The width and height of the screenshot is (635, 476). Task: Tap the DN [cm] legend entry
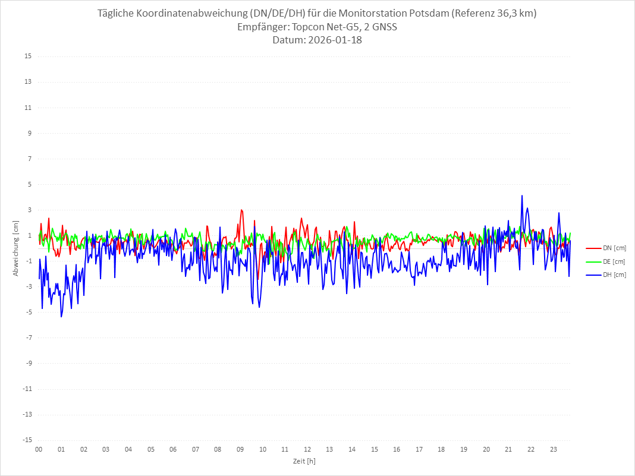point(614,248)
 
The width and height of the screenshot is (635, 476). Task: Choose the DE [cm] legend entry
point(614,261)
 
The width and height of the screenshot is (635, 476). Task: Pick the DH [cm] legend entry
point(614,275)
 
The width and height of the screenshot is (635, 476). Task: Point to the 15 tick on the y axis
point(27,56)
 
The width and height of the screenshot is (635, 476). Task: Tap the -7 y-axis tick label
point(27,338)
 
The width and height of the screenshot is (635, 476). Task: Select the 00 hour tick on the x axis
point(39,449)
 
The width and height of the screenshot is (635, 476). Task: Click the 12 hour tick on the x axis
point(307,449)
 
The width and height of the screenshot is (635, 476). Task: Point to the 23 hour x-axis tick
point(554,449)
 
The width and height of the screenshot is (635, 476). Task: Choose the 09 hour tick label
point(240,449)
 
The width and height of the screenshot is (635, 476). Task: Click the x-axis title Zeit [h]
point(304,461)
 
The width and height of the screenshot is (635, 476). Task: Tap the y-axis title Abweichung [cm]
point(16,248)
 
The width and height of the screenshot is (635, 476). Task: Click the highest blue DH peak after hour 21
point(522,196)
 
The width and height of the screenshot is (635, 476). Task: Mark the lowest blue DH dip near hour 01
point(61,316)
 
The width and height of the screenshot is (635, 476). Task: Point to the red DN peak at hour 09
point(241,210)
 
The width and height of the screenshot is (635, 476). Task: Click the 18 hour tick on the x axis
point(442,449)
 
